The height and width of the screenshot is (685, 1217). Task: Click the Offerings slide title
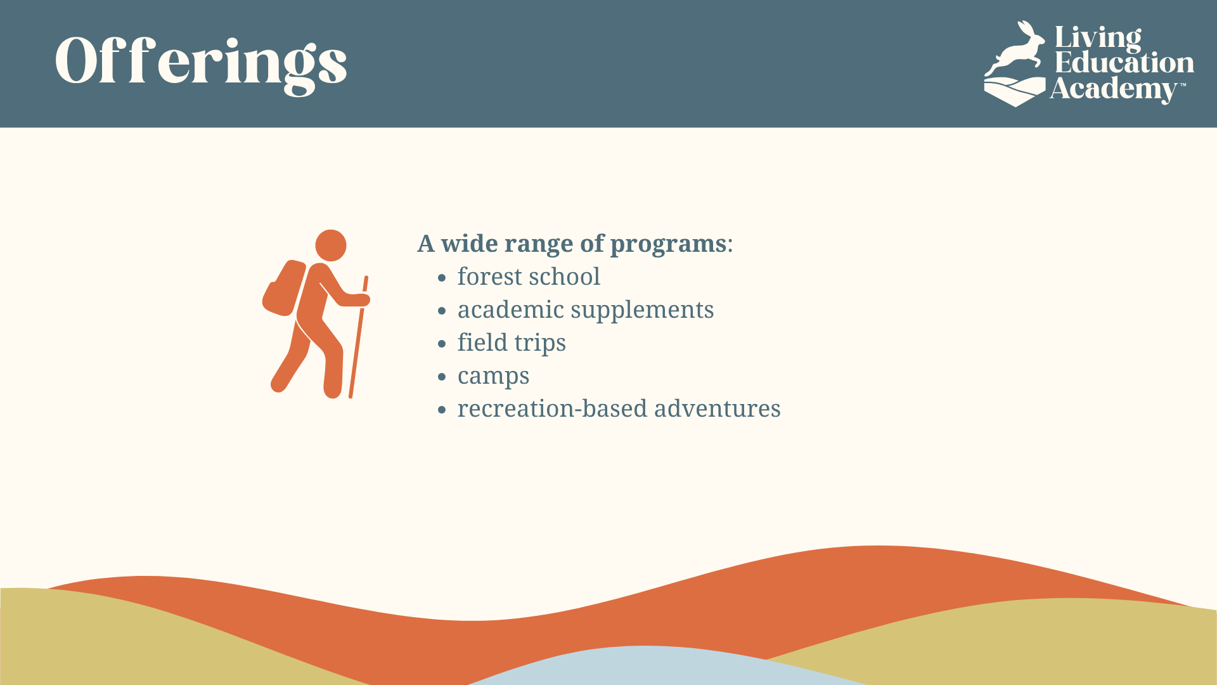201,63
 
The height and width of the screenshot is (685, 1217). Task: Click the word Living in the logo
1098,39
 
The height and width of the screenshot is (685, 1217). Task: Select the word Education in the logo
1124,62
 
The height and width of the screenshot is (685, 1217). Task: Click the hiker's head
331,245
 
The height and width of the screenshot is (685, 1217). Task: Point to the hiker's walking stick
358,337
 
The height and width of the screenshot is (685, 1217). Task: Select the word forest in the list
489,277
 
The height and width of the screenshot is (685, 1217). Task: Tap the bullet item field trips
512,343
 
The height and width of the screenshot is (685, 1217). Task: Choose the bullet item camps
493,377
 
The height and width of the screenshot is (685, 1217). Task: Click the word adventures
717,408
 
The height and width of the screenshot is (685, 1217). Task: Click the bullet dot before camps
442,377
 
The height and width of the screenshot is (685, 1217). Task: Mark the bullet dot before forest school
442,278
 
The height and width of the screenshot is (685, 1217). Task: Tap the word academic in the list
511,310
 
